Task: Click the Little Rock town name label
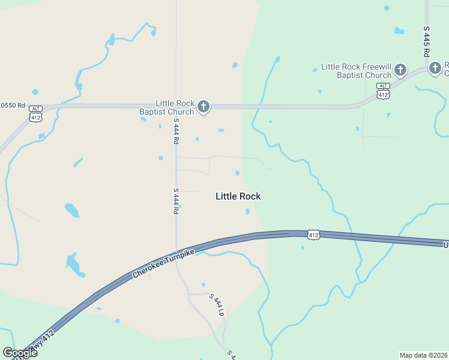click(238, 196)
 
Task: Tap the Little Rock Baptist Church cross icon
click(203, 107)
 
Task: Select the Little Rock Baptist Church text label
click(175, 107)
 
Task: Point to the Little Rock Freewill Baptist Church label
click(356, 71)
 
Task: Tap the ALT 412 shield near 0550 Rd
click(36, 113)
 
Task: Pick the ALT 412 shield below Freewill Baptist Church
click(383, 91)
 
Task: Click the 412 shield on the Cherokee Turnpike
click(313, 235)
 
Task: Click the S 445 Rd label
click(427, 41)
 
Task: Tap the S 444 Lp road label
click(217, 305)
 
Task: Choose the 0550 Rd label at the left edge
click(13, 106)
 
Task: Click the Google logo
click(20, 352)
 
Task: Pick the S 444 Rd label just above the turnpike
click(176, 201)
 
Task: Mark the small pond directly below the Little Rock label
click(247, 211)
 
